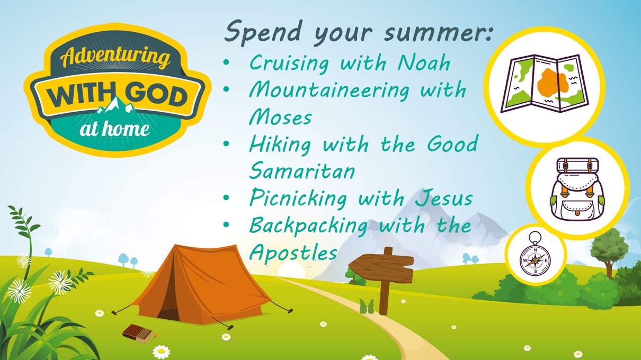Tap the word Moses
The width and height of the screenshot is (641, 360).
click(x=280, y=116)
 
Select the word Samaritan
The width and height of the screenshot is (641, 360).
click(x=302, y=170)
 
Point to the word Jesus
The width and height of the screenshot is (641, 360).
click(x=444, y=198)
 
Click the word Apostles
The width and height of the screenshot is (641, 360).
click(x=293, y=252)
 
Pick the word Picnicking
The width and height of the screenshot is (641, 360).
click(x=298, y=199)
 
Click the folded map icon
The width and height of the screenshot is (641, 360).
click(x=545, y=83)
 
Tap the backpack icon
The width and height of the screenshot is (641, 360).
click(x=577, y=190)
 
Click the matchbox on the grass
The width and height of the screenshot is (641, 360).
click(x=138, y=333)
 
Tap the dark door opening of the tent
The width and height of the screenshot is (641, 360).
click(x=168, y=307)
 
